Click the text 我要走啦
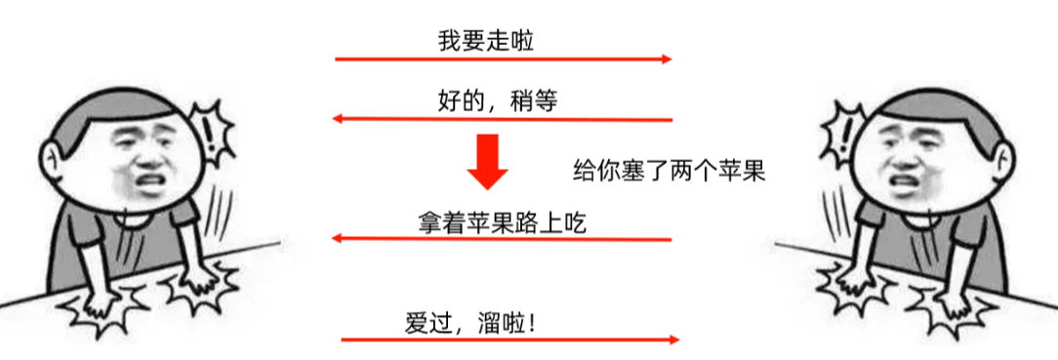click(x=486, y=41)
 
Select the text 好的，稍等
click(x=497, y=100)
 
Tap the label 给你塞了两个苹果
click(x=669, y=172)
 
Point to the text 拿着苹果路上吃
click(x=501, y=222)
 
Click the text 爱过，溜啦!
click(x=470, y=322)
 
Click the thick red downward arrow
click(x=487, y=161)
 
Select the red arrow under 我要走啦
click(x=504, y=60)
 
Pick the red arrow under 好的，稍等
click(x=502, y=120)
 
